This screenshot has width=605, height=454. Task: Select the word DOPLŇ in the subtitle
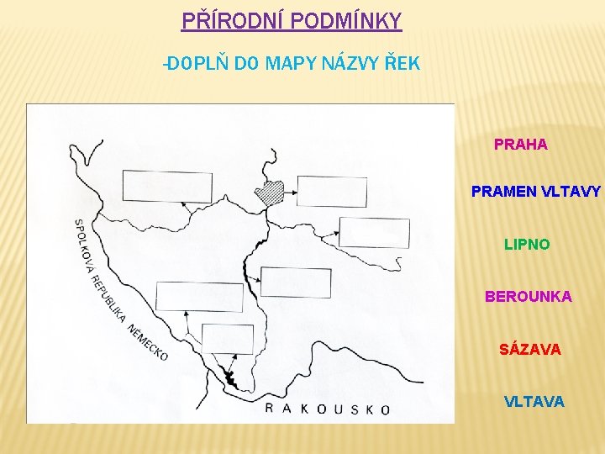point(195,63)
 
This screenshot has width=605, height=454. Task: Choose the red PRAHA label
point(521,145)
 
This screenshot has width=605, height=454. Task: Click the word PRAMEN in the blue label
point(502,192)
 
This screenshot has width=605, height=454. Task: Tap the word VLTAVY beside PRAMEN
point(571,192)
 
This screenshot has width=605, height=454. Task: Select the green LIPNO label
point(527,245)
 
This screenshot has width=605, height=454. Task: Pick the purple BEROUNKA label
point(528,297)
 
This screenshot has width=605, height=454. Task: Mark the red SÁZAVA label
point(529,348)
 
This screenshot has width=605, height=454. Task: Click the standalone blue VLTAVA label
point(534,402)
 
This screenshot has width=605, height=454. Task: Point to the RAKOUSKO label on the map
point(328,409)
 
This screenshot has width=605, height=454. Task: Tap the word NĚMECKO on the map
point(148,342)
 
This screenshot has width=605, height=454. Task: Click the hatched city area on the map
point(271,194)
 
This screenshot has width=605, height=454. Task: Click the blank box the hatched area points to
point(333,192)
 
